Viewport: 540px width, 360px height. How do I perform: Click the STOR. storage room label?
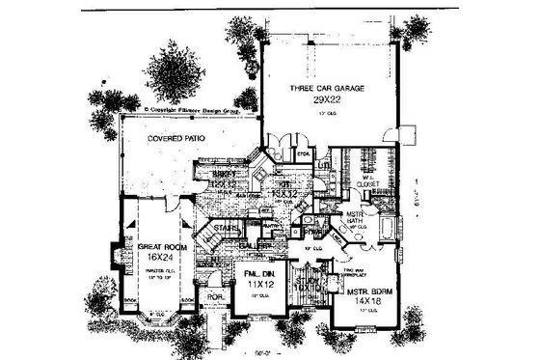tap(300, 152)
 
